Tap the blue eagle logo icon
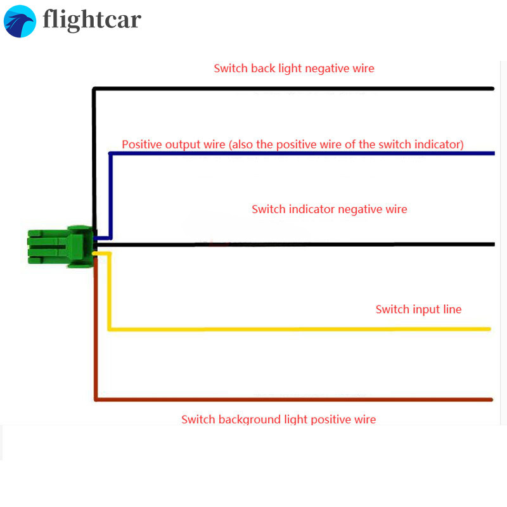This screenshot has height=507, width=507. [20, 21]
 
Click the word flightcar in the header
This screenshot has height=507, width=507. [92, 20]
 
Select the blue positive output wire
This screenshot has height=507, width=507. [304, 153]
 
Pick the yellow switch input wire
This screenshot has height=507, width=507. [298, 329]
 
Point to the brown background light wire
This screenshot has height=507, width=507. [292, 399]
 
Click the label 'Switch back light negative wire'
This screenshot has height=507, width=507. [294, 68]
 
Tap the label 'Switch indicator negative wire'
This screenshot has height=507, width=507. [329, 209]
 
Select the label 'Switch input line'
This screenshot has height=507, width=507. [418, 309]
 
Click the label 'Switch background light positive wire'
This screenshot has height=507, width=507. [278, 420]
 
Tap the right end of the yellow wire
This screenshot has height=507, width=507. [489, 329]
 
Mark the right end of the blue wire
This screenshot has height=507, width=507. [492, 153]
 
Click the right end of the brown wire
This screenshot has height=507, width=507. [491, 399]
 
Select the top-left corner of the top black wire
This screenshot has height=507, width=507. [94, 89]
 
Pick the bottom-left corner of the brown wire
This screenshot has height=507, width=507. [96, 399]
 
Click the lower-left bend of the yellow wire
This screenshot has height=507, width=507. [110, 328]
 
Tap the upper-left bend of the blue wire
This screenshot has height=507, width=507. [110, 154]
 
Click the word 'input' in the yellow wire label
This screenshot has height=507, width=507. [425, 310]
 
